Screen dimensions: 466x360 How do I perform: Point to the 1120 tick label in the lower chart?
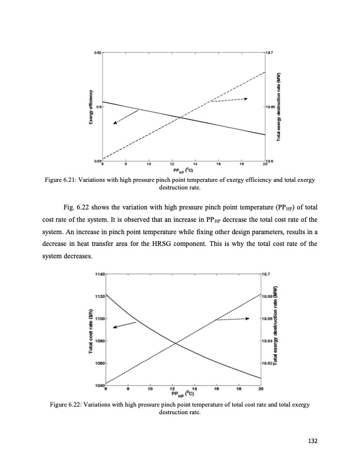coord(98,297)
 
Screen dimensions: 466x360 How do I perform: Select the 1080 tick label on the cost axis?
coord(98,341)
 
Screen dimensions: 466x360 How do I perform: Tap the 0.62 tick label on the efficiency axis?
coord(98,53)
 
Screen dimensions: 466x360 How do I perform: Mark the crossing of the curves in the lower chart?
coord(175,343)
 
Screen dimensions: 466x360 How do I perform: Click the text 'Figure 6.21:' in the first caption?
coord(63,180)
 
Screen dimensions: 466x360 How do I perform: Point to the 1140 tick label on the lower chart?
coord(98,274)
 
